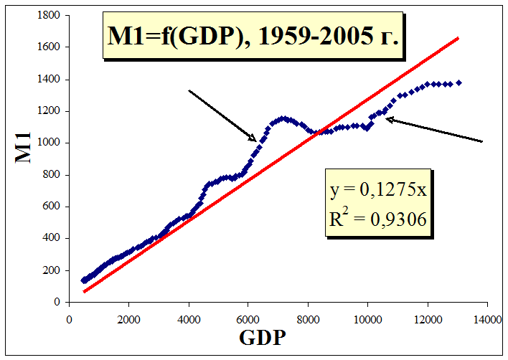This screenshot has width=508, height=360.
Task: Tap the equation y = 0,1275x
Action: click(379, 192)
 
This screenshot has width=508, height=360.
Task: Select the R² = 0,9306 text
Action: click(379, 219)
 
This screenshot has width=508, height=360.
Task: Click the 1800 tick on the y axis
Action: click(48, 15)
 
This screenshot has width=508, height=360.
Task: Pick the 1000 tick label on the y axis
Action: click(48, 143)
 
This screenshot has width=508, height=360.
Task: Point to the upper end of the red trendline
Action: click(458, 38)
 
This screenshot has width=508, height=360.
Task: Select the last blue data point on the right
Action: click(458, 82)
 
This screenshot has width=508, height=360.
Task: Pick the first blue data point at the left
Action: click(83, 280)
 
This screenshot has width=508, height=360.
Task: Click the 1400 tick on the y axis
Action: click(48, 79)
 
